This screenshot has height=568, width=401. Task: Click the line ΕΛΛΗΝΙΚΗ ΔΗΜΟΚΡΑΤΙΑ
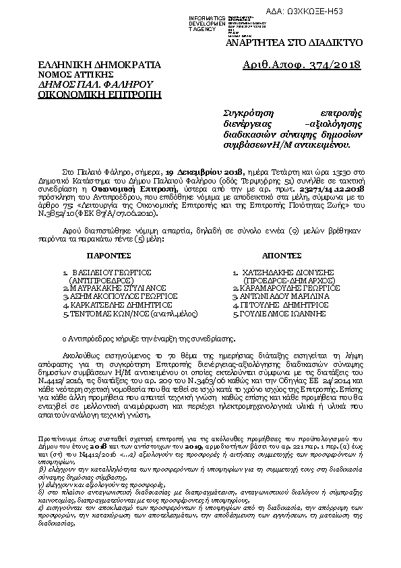pyautogui.click(x=99, y=65)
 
